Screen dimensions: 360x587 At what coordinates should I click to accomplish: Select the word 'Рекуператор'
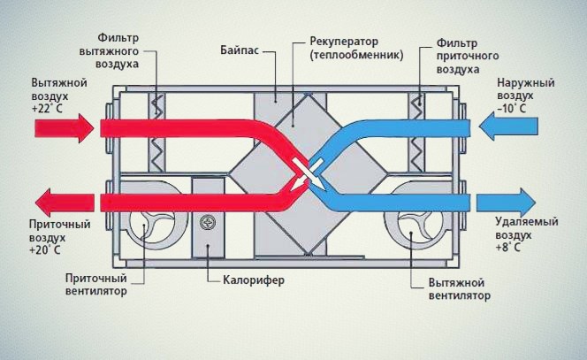tap(343, 42)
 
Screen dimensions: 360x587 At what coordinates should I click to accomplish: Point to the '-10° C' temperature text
tap(513, 109)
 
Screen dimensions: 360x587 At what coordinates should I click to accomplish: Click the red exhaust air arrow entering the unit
tap(63, 127)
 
